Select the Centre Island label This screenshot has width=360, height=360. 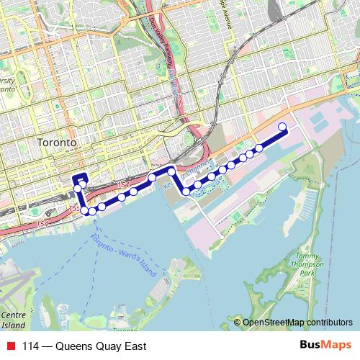[x=13, y=320]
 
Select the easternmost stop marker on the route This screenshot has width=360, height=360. [x=282, y=127]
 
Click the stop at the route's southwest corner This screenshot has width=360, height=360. [x=84, y=210]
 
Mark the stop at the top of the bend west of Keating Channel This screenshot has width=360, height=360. [x=171, y=171]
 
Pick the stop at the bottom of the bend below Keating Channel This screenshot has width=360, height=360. [x=186, y=192]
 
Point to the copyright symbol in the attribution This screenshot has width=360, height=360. [x=238, y=323]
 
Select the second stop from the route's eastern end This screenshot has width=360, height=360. [x=259, y=148]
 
